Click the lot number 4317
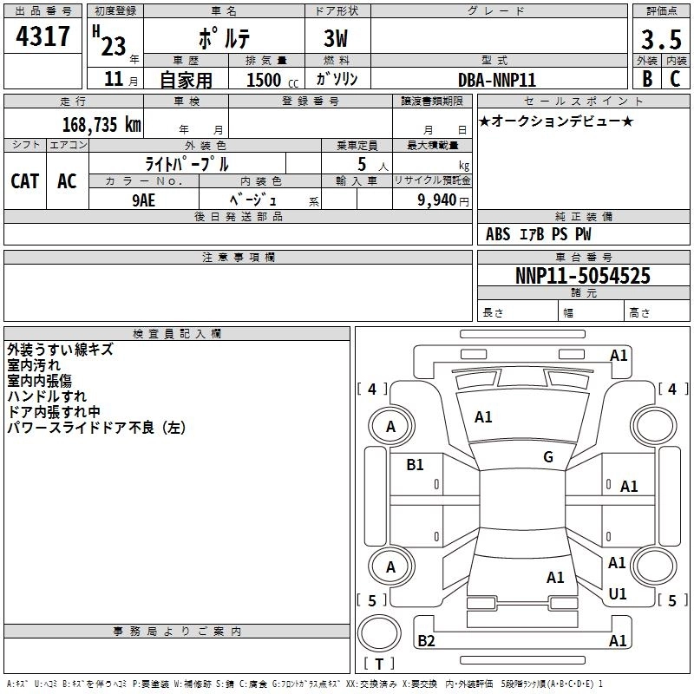pyautogui.click(x=43, y=38)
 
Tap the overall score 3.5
pyautogui.click(x=659, y=39)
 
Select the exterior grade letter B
pyautogui.click(x=646, y=78)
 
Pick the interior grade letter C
pyautogui.click(x=675, y=78)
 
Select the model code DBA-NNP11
pyautogui.click(x=497, y=79)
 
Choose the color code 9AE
pyautogui.click(x=143, y=199)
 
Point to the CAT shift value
pyautogui.click(x=25, y=181)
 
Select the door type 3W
pyautogui.click(x=337, y=40)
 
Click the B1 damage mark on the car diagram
pyautogui.click(x=416, y=465)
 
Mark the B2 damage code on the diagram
pyautogui.click(x=426, y=641)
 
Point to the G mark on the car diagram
pyautogui.click(x=548, y=457)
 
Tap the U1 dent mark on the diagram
pyautogui.click(x=618, y=594)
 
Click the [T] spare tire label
pyautogui.click(x=379, y=664)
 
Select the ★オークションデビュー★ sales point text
pyautogui.click(x=556, y=121)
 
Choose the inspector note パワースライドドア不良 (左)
pyautogui.click(x=96, y=428)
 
